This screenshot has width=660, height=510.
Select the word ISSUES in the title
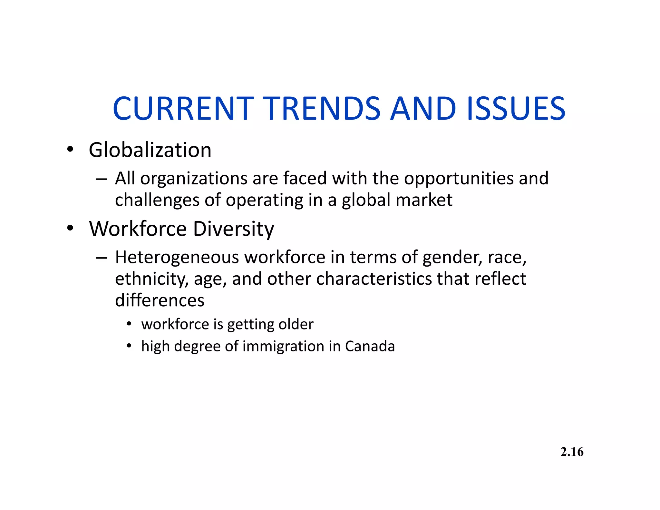516,109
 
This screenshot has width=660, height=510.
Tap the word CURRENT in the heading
183,109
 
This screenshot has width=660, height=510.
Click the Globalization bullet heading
150,150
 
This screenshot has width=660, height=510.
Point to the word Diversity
233,229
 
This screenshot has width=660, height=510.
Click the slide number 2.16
572,452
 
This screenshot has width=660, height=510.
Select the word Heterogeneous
177,258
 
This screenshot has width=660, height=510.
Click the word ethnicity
151,279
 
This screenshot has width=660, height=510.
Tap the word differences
160,300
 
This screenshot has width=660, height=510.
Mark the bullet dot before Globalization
70,150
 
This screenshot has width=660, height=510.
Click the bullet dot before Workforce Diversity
70,229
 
